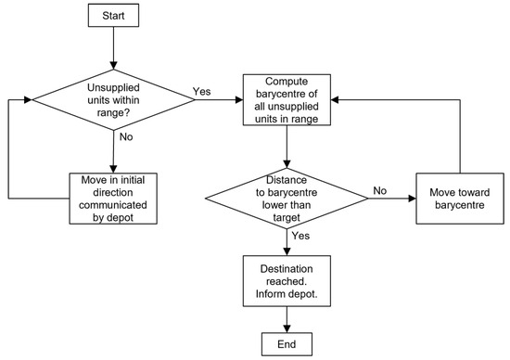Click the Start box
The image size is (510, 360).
pos(113,15)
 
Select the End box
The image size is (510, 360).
pos(287,344)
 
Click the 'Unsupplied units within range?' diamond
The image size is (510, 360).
pos(113,100)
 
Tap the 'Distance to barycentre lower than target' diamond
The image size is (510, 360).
pos(287,199)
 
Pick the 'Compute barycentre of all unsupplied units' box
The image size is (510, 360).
pos(287,99)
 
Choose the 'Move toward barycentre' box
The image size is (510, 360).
pos(460,199)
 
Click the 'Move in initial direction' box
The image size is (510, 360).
pos(113,199)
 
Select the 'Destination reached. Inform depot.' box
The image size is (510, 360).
pos(287,281)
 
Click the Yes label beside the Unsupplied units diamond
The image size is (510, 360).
pos(201,92)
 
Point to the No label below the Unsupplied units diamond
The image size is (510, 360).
pos(126,136)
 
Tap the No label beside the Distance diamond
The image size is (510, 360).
pos(380,190)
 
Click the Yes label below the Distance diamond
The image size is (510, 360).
pos(300,236)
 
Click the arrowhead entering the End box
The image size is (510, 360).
pos(287,328)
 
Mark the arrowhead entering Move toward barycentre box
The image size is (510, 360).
pos(412,199)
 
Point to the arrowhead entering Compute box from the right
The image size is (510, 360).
pos(335,100)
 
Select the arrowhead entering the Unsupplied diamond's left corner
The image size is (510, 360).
pos(28,100)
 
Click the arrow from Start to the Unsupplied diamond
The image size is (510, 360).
pos(113,48)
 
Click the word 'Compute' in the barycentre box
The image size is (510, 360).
pos(287,82)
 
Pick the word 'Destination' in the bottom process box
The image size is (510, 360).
pos(287,269)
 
